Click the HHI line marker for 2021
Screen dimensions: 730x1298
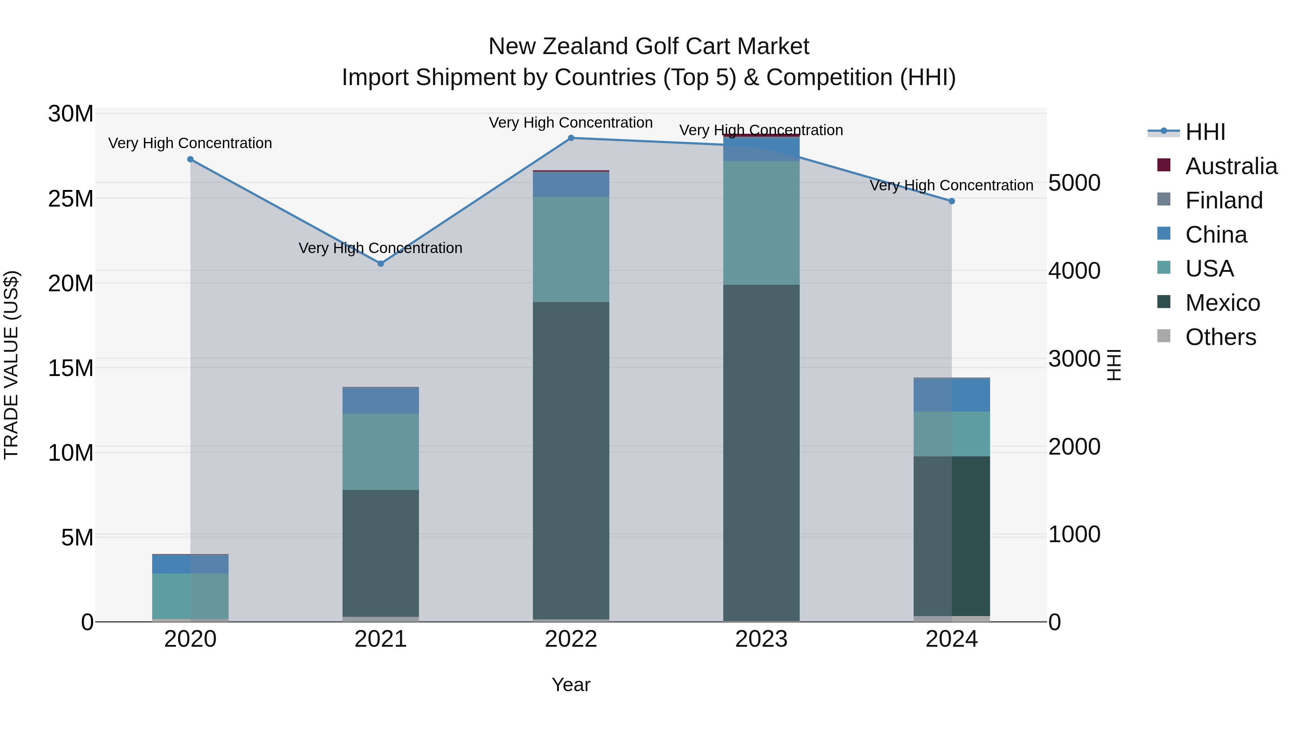pos(380,264)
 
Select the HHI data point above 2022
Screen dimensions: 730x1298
pos(571,138)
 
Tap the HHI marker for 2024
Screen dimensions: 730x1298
pos(952,201)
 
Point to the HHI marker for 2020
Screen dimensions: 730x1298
pos(190,159)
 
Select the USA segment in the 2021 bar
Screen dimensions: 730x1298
pos(380,452)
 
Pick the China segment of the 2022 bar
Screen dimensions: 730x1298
pos(571,184)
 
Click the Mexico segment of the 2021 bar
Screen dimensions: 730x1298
pos(380,553)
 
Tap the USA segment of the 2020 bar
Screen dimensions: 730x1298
pos(190,596)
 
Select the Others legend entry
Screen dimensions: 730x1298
pos(1220,337)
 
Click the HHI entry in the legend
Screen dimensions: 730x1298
pos(1205,132)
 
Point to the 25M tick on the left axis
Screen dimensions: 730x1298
pos(71,199)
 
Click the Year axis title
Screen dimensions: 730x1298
pos(570,685)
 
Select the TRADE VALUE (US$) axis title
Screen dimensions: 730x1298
pos(11,365)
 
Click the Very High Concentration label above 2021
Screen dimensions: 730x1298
pos(380,248)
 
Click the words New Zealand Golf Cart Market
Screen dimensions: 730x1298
pos(649,47)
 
